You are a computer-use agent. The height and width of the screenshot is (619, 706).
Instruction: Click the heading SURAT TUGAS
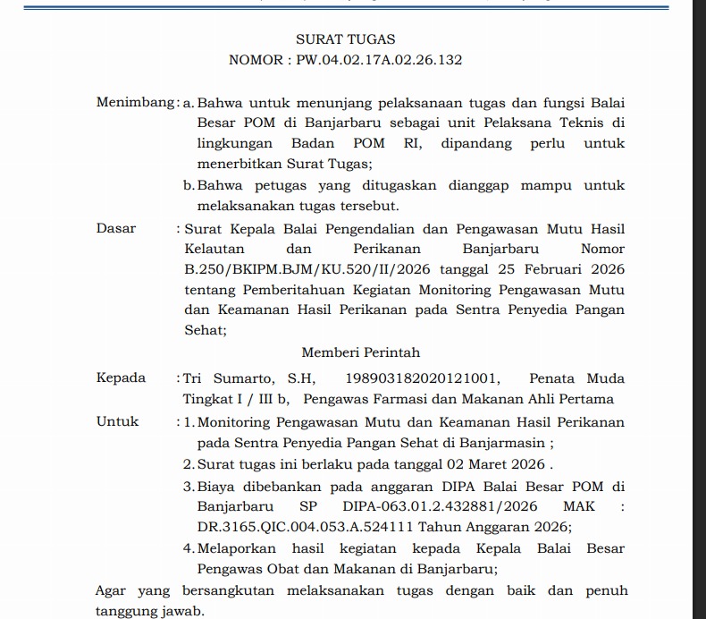[x=345, y=39]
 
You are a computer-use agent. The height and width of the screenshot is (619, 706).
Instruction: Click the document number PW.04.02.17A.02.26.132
[x=374, y=61]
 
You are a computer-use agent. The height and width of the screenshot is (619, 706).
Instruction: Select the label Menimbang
[x=134, y=103]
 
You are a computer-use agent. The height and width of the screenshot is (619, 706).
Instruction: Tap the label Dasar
[x=116, y=228]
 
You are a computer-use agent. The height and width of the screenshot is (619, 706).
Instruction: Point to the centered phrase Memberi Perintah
[x=360, y=352]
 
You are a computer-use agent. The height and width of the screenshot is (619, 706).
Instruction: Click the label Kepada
[x=121, y=377]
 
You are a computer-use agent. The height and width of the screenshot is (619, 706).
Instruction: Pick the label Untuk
[x=118, y=421]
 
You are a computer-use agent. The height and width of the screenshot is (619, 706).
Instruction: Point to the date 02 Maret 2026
[x=500, y=465]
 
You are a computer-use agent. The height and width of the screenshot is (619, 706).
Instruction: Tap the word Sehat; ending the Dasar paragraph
[x=206, y=330]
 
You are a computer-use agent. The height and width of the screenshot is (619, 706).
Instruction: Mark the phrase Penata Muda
[x=576, y=378]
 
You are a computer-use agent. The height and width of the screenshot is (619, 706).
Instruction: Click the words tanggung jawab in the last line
[x=148, y=612]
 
